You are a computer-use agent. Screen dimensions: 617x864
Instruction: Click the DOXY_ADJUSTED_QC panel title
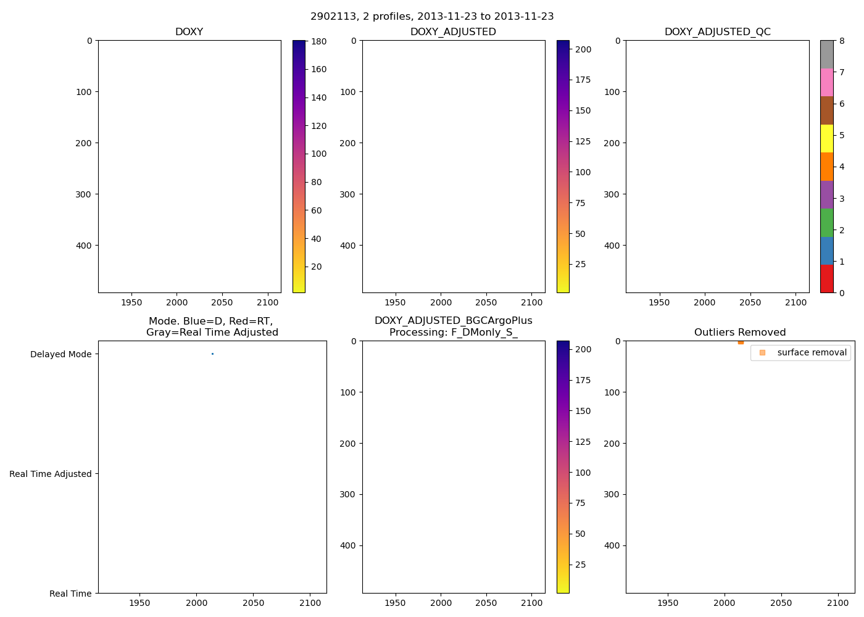coord(717,32)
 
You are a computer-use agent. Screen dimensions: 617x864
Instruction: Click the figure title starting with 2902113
coord(432,17)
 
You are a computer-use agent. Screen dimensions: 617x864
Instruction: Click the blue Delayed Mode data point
coord(212,354)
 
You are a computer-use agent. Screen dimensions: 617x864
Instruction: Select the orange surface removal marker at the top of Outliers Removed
coord(741,342)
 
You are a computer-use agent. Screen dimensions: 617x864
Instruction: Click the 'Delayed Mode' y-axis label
coord(60,354)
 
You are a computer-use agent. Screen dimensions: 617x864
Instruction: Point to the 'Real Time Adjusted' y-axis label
coord(51,474)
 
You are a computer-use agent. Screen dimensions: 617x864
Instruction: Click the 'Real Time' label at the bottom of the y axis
coord(70,594)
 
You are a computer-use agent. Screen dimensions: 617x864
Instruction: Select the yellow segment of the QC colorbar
coord(826,138)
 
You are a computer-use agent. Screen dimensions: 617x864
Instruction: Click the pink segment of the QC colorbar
coord(826,82)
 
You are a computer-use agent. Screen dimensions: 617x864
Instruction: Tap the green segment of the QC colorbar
coord(826,223)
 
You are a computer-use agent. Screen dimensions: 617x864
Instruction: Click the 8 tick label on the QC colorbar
coord(842,41)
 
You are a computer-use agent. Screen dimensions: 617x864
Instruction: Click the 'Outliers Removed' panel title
coord(740,333)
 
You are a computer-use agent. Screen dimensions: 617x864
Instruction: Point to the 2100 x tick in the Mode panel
coord(310,603)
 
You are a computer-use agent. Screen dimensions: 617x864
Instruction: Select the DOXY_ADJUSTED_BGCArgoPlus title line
coord(453,321)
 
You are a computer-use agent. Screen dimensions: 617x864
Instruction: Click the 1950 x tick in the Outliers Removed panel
coord(668,603)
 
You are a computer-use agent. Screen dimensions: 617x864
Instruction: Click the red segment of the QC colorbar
coord(826,279)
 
